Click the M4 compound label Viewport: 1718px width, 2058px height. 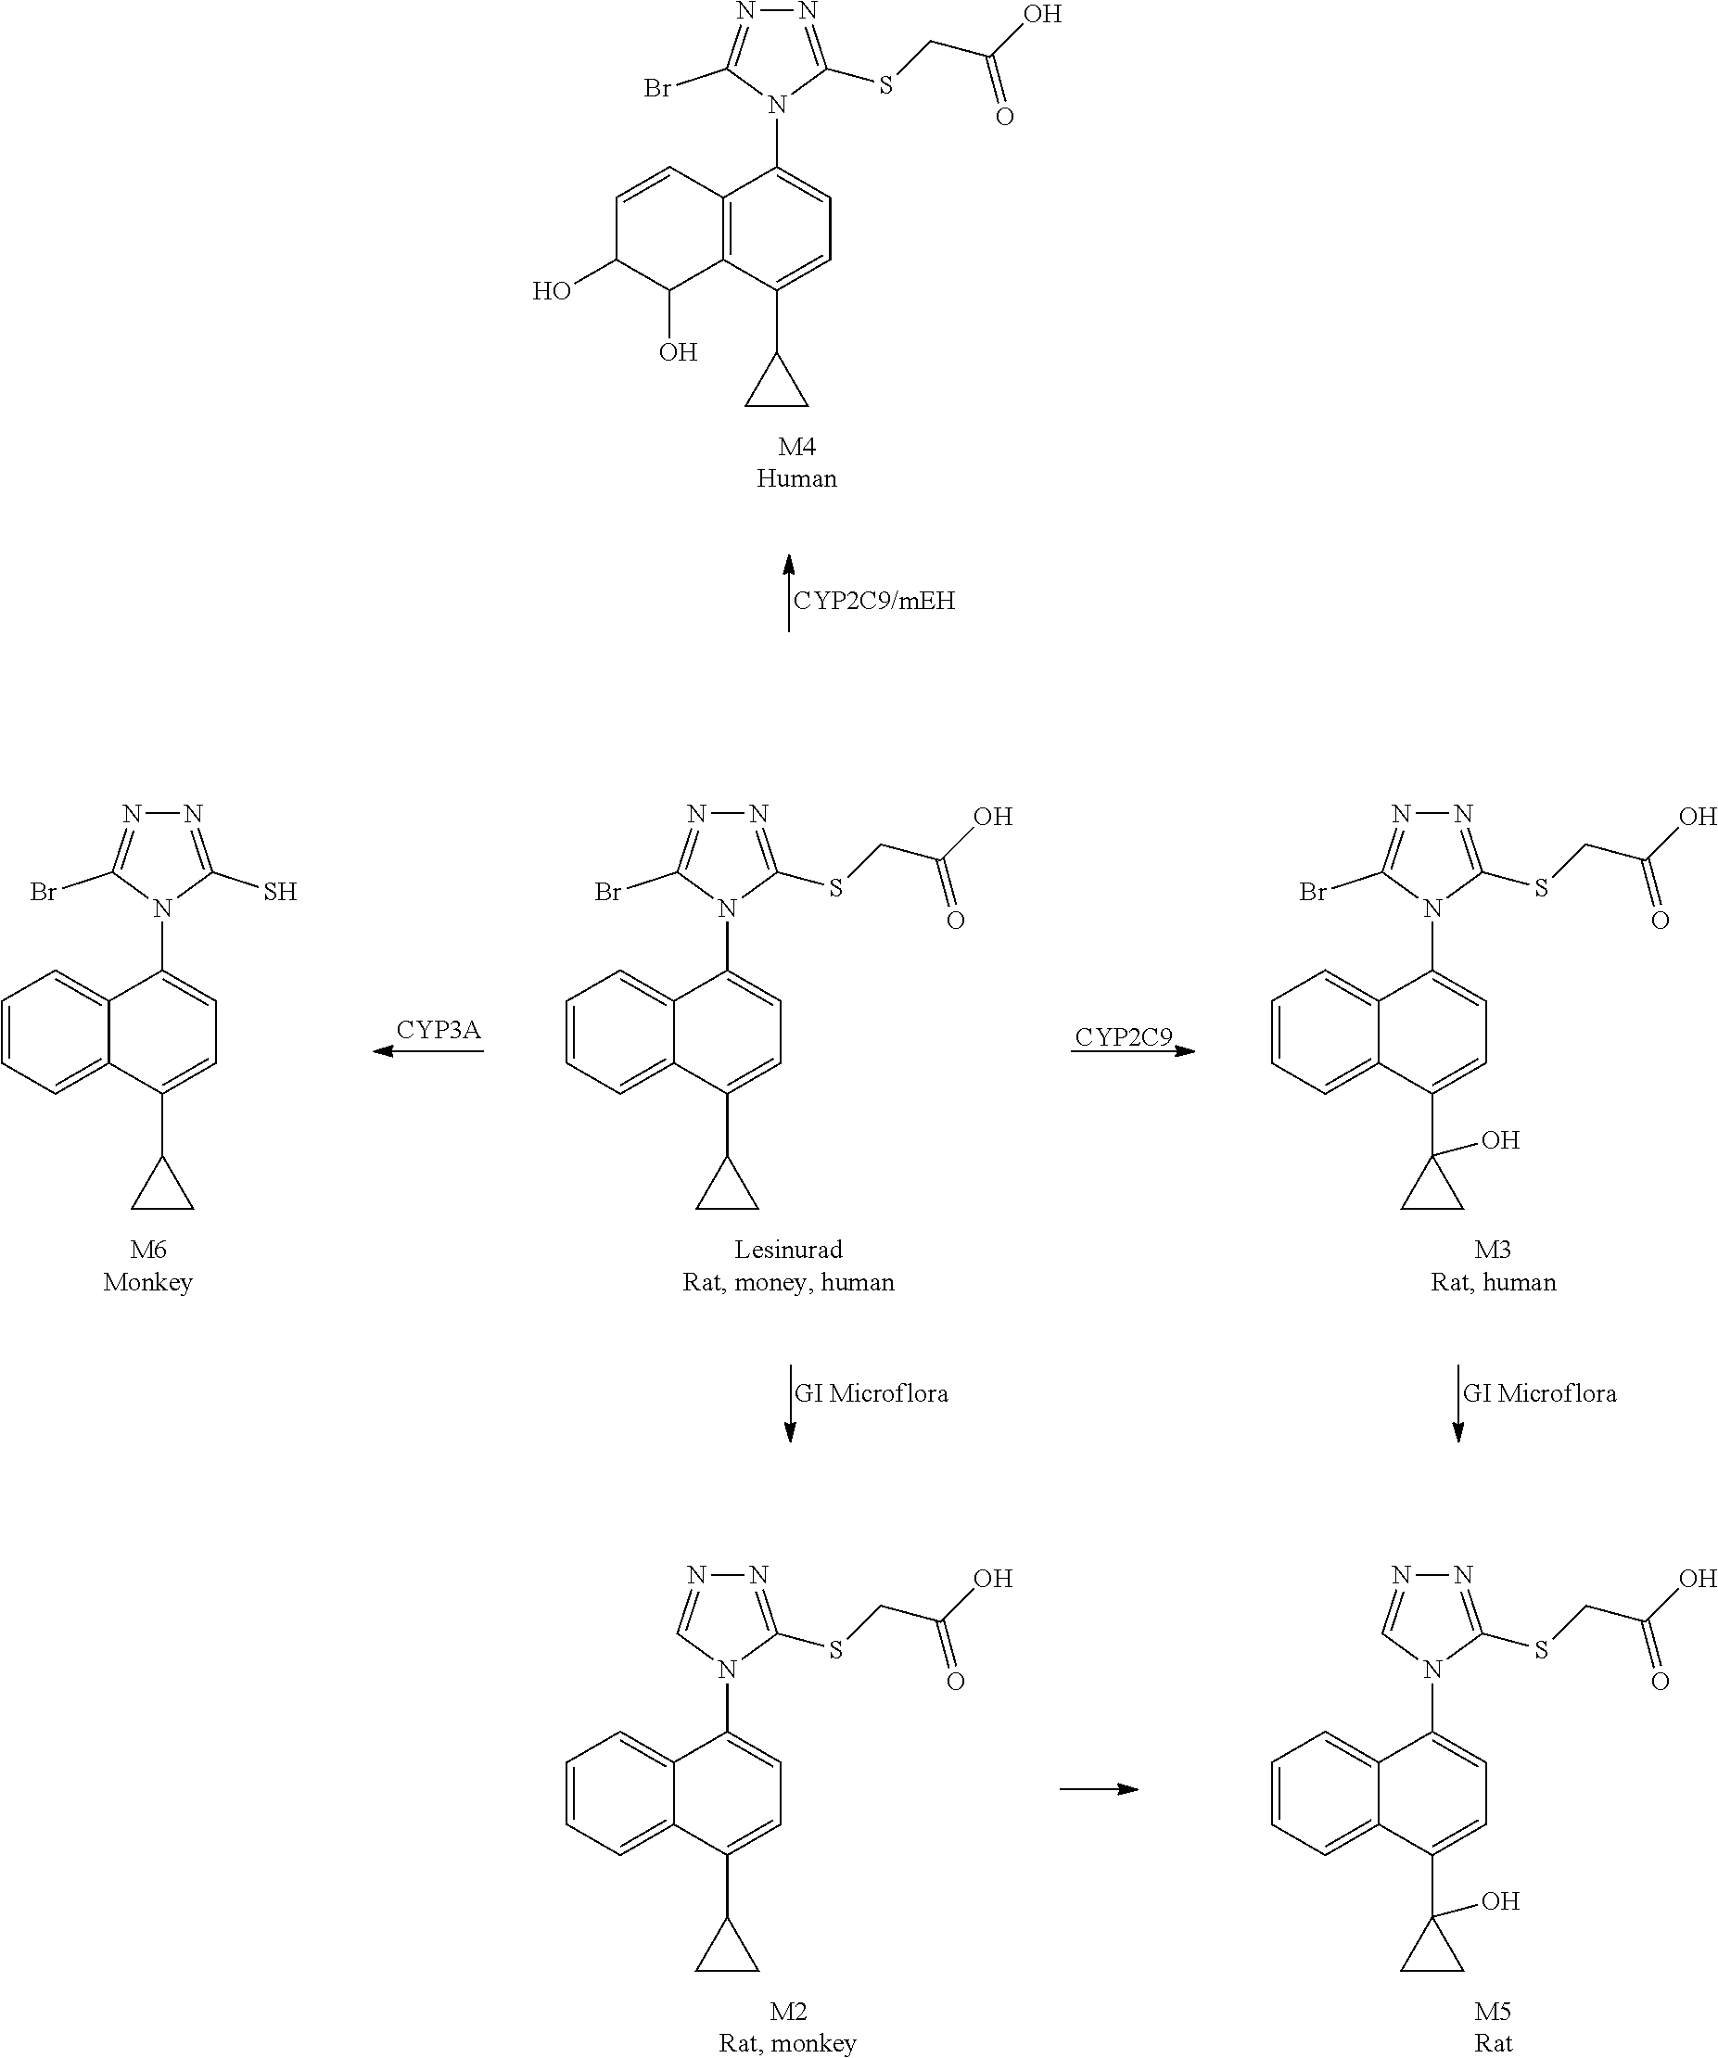795,447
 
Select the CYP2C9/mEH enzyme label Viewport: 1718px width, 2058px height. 873,601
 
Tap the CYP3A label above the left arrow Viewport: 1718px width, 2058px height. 438,1030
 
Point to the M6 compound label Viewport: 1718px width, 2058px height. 148,1250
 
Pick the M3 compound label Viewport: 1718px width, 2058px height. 1493,1250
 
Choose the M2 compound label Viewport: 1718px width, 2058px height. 788,2012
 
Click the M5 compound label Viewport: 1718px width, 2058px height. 1493,2012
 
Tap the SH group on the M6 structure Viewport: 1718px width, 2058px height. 279,892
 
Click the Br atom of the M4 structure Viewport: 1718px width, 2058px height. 657,89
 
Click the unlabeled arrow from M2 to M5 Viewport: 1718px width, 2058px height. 1099,1789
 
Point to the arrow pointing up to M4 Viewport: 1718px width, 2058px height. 789,593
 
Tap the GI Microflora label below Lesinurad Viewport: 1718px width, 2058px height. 871,1393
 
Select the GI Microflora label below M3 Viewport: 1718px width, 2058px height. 1539,1393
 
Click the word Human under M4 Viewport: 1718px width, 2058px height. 795,479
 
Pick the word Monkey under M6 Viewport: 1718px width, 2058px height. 148,1283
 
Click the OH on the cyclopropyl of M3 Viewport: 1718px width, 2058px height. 1499,1139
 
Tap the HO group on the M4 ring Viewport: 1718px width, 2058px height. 552,291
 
